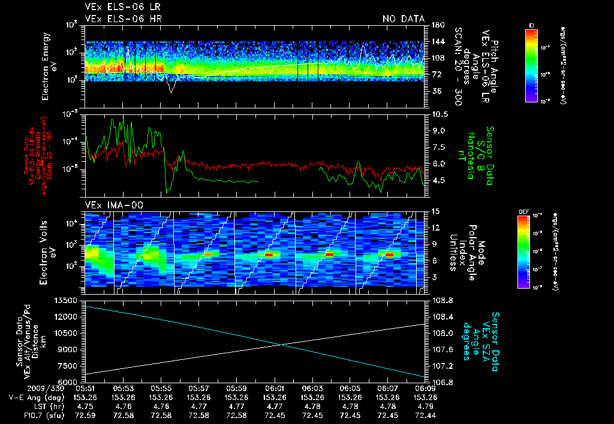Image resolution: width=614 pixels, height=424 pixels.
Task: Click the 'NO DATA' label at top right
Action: (403, 19)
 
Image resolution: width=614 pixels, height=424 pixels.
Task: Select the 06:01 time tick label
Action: (274, 388)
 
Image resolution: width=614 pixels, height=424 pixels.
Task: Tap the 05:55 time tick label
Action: (161, 388)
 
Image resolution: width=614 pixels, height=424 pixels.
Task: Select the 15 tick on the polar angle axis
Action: (435, 211)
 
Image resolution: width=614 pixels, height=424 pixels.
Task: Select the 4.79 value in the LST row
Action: (425, 406)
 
